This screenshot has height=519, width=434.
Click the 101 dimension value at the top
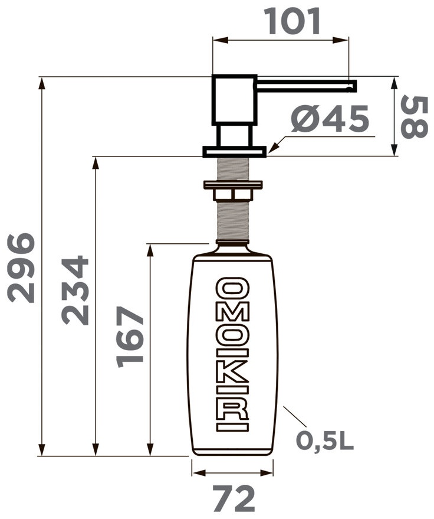click(294, 21)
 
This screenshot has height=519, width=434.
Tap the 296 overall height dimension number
click(21, 268)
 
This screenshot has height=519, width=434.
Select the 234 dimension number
click(75, 290)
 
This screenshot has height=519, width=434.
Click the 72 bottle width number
click(234, 498)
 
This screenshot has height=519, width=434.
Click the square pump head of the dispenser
click(234, 100)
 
